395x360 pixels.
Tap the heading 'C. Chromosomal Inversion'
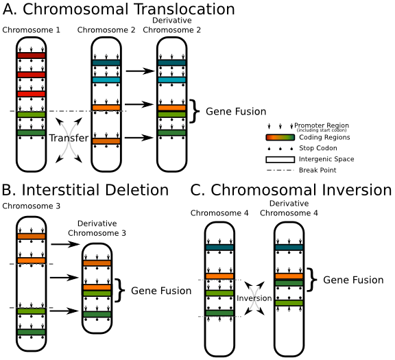point(291,190)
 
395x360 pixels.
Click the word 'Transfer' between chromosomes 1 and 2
point(68,139)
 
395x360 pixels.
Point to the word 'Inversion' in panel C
point(254,299)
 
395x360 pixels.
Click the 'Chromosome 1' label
point(30,31)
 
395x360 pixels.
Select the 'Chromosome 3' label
point(30,206)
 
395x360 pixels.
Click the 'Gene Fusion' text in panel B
point(160,291)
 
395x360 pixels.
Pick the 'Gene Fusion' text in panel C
point(353,280)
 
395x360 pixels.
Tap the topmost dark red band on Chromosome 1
point(31,56)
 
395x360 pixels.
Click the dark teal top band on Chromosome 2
point(106,62)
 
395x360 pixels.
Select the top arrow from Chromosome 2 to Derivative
point(140,71)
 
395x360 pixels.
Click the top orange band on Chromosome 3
point(31,236)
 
